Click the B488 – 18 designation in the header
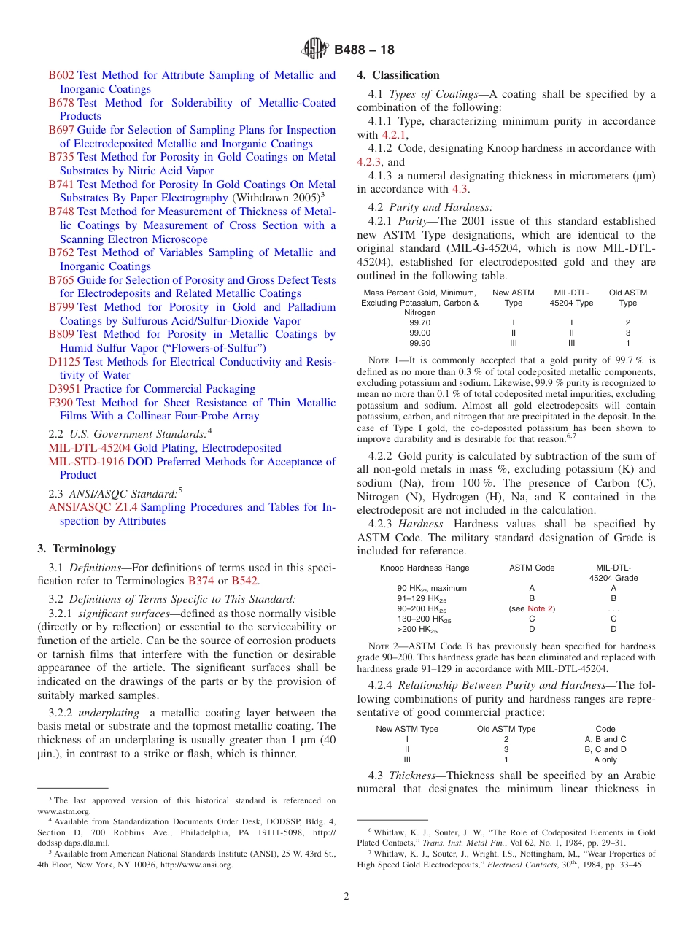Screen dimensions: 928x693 click(x=364, y=50)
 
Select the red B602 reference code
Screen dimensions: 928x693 click(x=61, y=75)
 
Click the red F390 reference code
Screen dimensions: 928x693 click(x=61, y=403)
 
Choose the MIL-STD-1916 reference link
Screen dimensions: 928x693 click(x=86, y=462)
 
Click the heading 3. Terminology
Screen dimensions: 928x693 click(x=76, y=549)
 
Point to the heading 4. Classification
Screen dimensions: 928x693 click(x=398, y=75)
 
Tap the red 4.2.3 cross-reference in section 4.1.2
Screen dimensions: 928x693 click(x=369, y=162)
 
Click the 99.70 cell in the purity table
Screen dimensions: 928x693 click(x=419, y=322)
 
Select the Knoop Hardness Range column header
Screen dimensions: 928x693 click(x=425, y=568)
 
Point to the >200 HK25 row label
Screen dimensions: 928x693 click(x=417, y=629)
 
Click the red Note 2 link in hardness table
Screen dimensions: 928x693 click(x=541, y=608)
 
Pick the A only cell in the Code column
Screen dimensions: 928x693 click(x=605, y=759)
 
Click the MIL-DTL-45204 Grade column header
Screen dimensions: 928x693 click(x=613, y=573)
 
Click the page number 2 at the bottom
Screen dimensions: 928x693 click(x=346, y=897)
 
